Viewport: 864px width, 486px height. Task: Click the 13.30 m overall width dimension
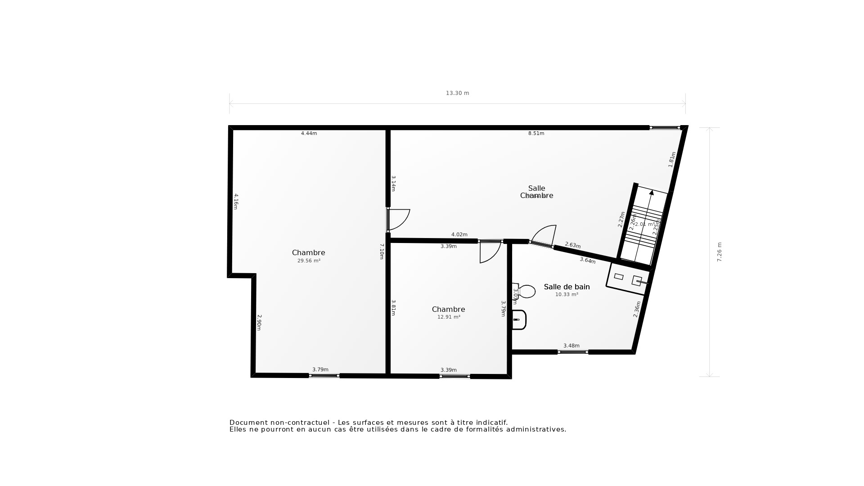pos(457,93)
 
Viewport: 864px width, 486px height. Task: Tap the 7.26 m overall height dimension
pos(719,252)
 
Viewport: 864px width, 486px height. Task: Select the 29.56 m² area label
pos(309,261)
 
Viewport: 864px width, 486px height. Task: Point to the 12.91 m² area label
pos(449,317)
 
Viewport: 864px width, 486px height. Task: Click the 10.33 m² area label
pos(567,295)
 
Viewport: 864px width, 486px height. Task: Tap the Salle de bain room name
pos(567,287)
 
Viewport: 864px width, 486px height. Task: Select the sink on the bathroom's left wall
pos(519,319)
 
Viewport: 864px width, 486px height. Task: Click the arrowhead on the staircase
pos(651,193)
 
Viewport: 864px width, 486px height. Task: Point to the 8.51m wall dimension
pos(536,134)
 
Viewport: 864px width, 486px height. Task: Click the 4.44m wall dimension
pos(309,134)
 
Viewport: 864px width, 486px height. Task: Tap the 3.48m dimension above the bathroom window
pos(571,346)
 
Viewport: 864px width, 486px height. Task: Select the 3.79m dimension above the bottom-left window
pos(320,370)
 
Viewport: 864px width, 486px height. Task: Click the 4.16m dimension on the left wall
pos(235,202)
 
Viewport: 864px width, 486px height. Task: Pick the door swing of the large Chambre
pos(399,219)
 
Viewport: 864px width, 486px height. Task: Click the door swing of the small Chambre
pos(490,252)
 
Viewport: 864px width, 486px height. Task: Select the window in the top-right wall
pos(665,128)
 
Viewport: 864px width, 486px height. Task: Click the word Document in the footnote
pos(247,423)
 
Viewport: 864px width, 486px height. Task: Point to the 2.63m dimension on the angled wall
pos(572,245)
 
